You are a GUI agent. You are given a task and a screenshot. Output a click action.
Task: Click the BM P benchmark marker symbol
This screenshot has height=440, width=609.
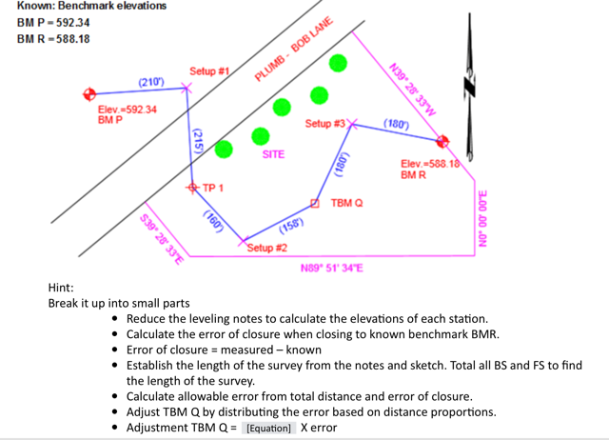pos(89,93)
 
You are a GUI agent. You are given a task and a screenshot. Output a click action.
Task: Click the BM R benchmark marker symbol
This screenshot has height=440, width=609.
pos(442,141)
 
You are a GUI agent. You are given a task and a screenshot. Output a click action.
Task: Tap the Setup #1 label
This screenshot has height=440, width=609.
pos(209,71)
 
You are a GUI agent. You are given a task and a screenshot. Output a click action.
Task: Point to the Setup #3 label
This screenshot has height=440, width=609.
pos(324,124)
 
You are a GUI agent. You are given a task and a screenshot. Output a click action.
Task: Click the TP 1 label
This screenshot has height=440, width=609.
pos(212,188)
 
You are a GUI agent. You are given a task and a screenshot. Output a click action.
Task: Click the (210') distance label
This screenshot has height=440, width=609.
pos(151,84)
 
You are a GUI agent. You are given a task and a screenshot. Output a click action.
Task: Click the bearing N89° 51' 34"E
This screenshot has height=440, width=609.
pos(331,268)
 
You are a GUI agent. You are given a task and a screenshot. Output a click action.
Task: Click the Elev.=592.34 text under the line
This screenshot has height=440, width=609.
pos(128,110)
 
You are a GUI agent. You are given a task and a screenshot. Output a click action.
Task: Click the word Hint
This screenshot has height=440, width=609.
pos(61,287)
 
